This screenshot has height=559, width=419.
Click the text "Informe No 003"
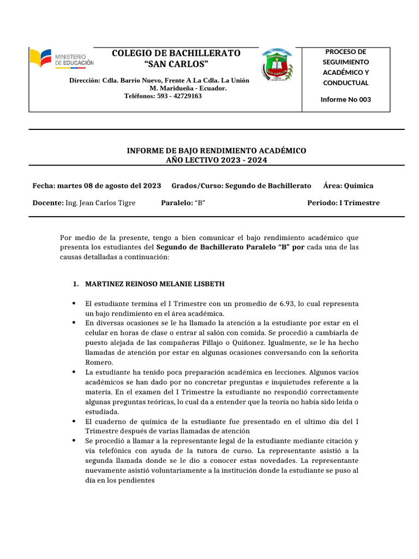345,99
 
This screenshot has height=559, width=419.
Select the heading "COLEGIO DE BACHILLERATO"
176,53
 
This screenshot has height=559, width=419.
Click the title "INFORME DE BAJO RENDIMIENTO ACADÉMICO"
216,150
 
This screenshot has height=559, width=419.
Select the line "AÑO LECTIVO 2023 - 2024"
217,159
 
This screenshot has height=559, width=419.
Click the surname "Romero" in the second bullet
99,362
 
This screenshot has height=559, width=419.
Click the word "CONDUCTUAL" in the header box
345,83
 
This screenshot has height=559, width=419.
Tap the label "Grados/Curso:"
197,186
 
